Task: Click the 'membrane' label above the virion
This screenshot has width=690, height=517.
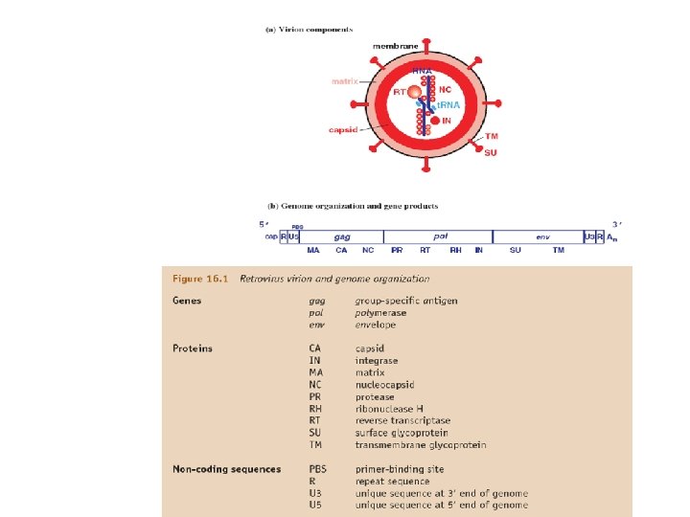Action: click(396, 47)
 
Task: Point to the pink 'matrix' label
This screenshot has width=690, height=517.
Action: click(344, 81)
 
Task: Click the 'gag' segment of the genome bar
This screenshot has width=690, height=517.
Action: click(341, 236)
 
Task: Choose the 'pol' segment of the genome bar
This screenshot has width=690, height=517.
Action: click(440, 236)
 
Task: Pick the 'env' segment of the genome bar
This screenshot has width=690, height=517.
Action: click(542, 236)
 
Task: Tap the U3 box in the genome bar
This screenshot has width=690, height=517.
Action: click(588, 236)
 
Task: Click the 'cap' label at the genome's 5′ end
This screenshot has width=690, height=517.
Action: click(271, 236)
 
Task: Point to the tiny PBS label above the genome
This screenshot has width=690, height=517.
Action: click(298, 227)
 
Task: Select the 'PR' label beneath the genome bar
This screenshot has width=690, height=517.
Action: click(397, 250)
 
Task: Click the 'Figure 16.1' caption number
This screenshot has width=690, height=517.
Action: click(200, 279)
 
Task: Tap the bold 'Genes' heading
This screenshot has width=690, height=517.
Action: click(187, 301)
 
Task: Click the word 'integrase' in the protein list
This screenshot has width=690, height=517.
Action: click(376, 361)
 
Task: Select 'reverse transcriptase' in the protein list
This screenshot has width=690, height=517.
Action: click(402, 420)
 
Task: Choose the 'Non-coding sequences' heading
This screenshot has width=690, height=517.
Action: click(226, 469)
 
